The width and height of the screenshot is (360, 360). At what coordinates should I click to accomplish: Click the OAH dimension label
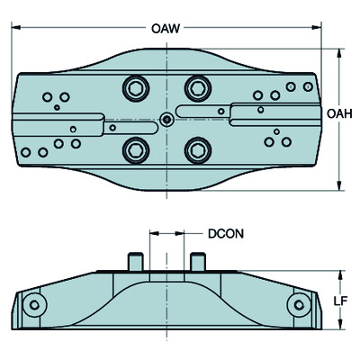click(x=338, y=114)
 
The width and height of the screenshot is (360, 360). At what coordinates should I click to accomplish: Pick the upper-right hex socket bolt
click(x=196, y=87)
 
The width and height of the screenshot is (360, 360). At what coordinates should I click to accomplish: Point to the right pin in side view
click(x=198, y=261)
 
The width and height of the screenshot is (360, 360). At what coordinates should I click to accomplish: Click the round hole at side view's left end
click(x=33, y=305)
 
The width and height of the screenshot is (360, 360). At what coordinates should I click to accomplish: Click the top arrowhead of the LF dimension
click(x=338, y=272)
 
